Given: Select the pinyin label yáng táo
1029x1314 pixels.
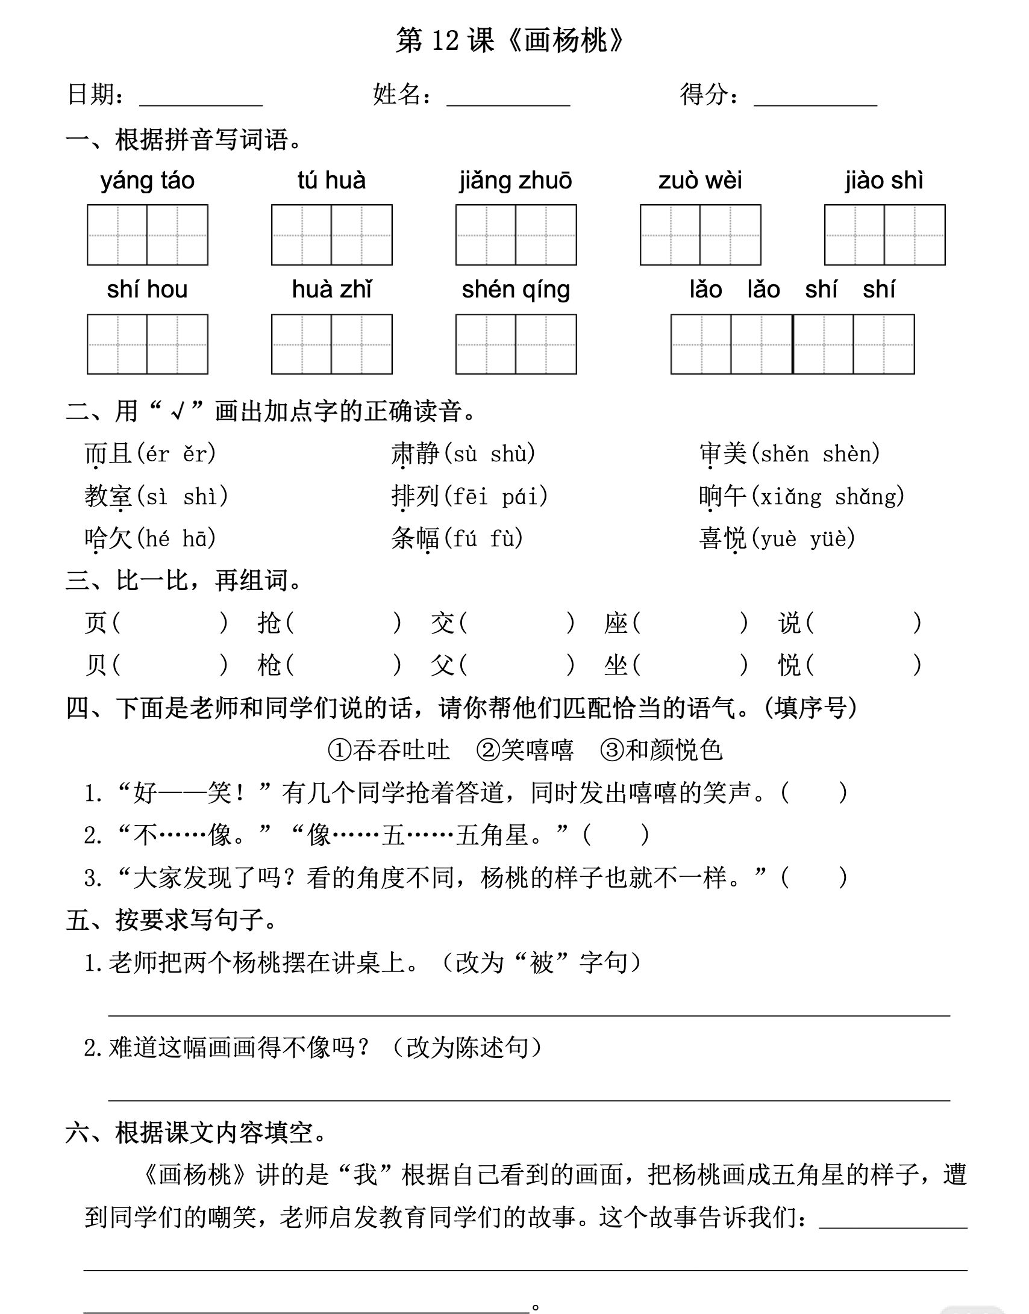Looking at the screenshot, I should click(148, 181).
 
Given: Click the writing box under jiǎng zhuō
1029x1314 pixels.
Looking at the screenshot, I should click(516, 235).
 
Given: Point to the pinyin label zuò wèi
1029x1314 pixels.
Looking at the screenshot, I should click(700, 181).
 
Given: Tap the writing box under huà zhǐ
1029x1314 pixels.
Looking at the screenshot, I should click(331, 344).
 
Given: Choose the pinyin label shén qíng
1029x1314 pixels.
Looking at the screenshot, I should click(516, 290).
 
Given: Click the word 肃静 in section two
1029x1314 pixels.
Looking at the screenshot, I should click(416, 453).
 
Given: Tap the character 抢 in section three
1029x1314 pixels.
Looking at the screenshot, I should click(269, 623).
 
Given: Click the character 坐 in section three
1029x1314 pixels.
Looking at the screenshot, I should click(616, 665).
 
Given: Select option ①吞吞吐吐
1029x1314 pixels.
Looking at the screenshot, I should click(389, 750).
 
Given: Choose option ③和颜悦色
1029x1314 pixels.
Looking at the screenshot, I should click(661, 750).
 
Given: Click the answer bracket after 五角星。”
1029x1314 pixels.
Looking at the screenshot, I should click(616, 835).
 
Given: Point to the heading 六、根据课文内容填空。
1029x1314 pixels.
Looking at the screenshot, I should click(196, 1133).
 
